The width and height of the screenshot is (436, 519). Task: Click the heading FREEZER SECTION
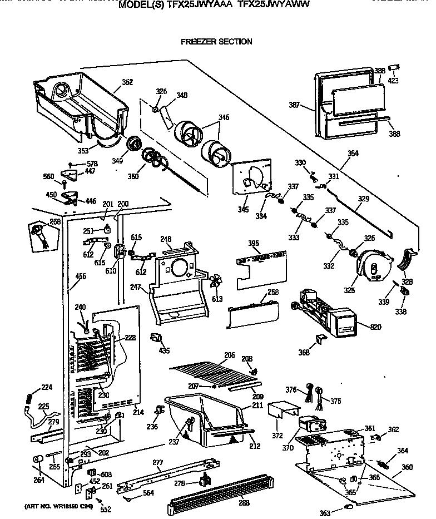(x=216, y=42)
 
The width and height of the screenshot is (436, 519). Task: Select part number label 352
(x=127, y=82)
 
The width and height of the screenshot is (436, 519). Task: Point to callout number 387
(x=295, y=104)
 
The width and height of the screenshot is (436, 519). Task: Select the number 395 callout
(x=254, y=243)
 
